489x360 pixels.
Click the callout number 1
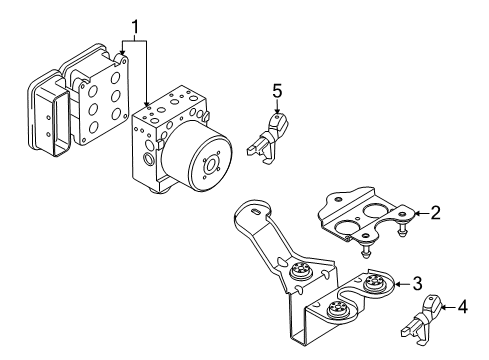[135, 28]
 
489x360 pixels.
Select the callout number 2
[435, 213]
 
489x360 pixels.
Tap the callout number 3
[417, 283]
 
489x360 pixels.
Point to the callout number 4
[462, 306]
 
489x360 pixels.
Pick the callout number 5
[277, 91]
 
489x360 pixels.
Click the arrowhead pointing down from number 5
[277, 112]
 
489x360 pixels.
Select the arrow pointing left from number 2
[421, 213]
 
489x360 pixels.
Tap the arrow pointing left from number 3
[402, 284]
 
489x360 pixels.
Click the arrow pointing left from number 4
[448, 307]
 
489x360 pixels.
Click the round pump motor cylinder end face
[210, 165]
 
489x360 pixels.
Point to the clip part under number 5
[267, 138]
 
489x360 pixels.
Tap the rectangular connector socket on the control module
[59, 124]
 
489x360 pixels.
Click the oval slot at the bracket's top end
[255, 211]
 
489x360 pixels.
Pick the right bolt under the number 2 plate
[402, 229]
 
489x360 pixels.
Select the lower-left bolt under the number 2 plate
[366, 250]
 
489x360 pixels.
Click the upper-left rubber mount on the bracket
[301, 270]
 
